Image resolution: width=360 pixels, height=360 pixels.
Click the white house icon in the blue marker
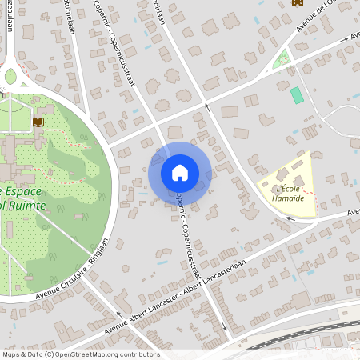point(180,173)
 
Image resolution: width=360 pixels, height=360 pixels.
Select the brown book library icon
point(38,122)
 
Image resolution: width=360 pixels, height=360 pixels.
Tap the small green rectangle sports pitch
point(297,95)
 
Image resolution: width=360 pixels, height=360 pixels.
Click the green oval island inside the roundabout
point(10,76)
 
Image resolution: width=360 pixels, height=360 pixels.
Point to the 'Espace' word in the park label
point(29,192)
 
